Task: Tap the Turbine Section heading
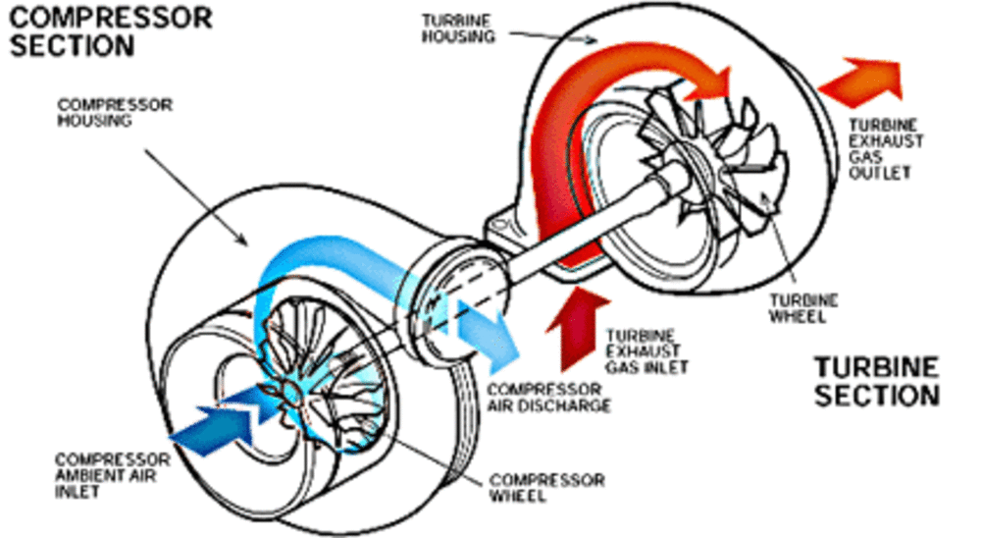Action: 876,381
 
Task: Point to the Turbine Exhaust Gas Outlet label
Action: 886,149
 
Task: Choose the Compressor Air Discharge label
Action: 549,397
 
